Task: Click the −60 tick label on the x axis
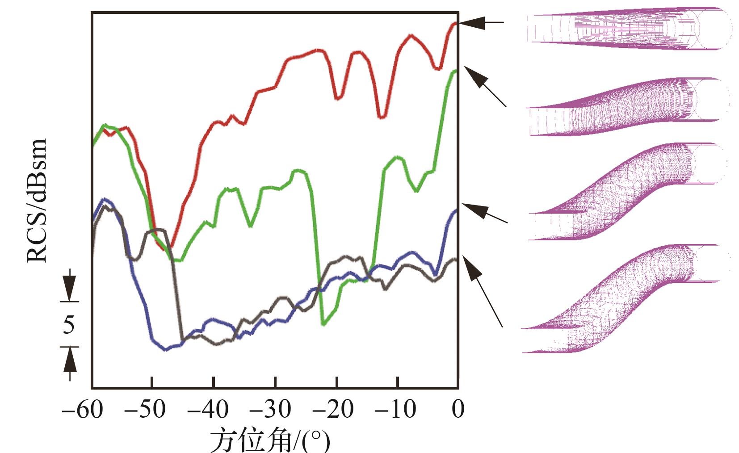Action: coord(82,409)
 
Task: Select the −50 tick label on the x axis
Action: coord(145,409)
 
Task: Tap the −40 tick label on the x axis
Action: coord(207,409)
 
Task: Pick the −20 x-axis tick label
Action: coord(332,409)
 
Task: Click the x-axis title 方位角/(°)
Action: coord(270,440)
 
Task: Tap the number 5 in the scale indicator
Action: coord(68,324)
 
